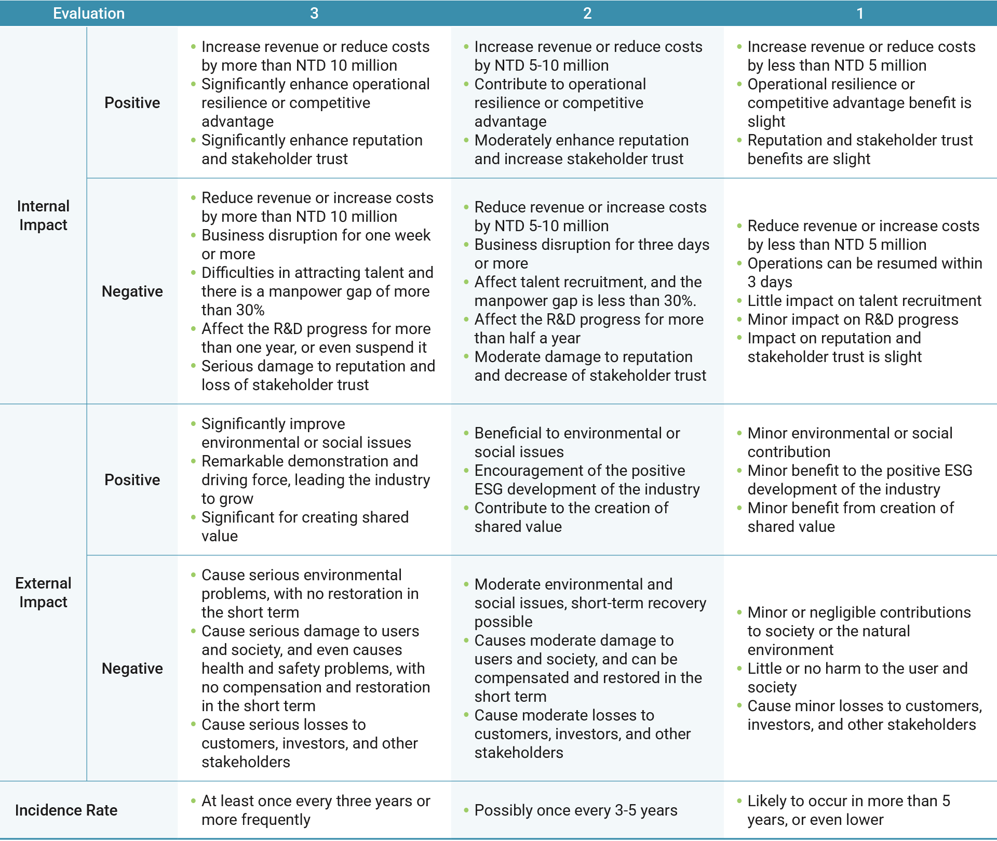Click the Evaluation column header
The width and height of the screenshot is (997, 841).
pos(89,13)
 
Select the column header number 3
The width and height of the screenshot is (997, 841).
pos(314,13)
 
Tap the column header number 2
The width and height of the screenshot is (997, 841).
pos(587,13)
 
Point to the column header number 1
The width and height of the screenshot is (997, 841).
pos(860,13)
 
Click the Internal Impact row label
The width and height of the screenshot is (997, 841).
pos(43,216)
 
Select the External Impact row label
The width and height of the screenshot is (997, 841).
pos(43,593)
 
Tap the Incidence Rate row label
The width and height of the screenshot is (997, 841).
pos(66,810)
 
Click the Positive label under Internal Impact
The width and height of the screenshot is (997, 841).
pos(132,103)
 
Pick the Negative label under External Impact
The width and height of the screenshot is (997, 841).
pos(132,669)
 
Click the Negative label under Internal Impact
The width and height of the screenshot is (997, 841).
pos(132,291)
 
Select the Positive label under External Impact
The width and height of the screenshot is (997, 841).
pos(132,480)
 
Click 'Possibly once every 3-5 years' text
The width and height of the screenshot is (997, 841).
pos(576,810)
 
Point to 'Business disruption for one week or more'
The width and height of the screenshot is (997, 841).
pos(316,245)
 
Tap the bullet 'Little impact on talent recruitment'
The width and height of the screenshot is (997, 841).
pos(864,301)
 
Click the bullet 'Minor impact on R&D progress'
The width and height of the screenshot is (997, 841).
pos(853,319)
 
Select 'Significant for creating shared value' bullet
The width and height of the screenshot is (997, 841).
pos(305,526)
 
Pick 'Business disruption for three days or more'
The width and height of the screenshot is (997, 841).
pos(591,254)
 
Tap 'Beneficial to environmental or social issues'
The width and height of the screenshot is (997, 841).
pos(577,443)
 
